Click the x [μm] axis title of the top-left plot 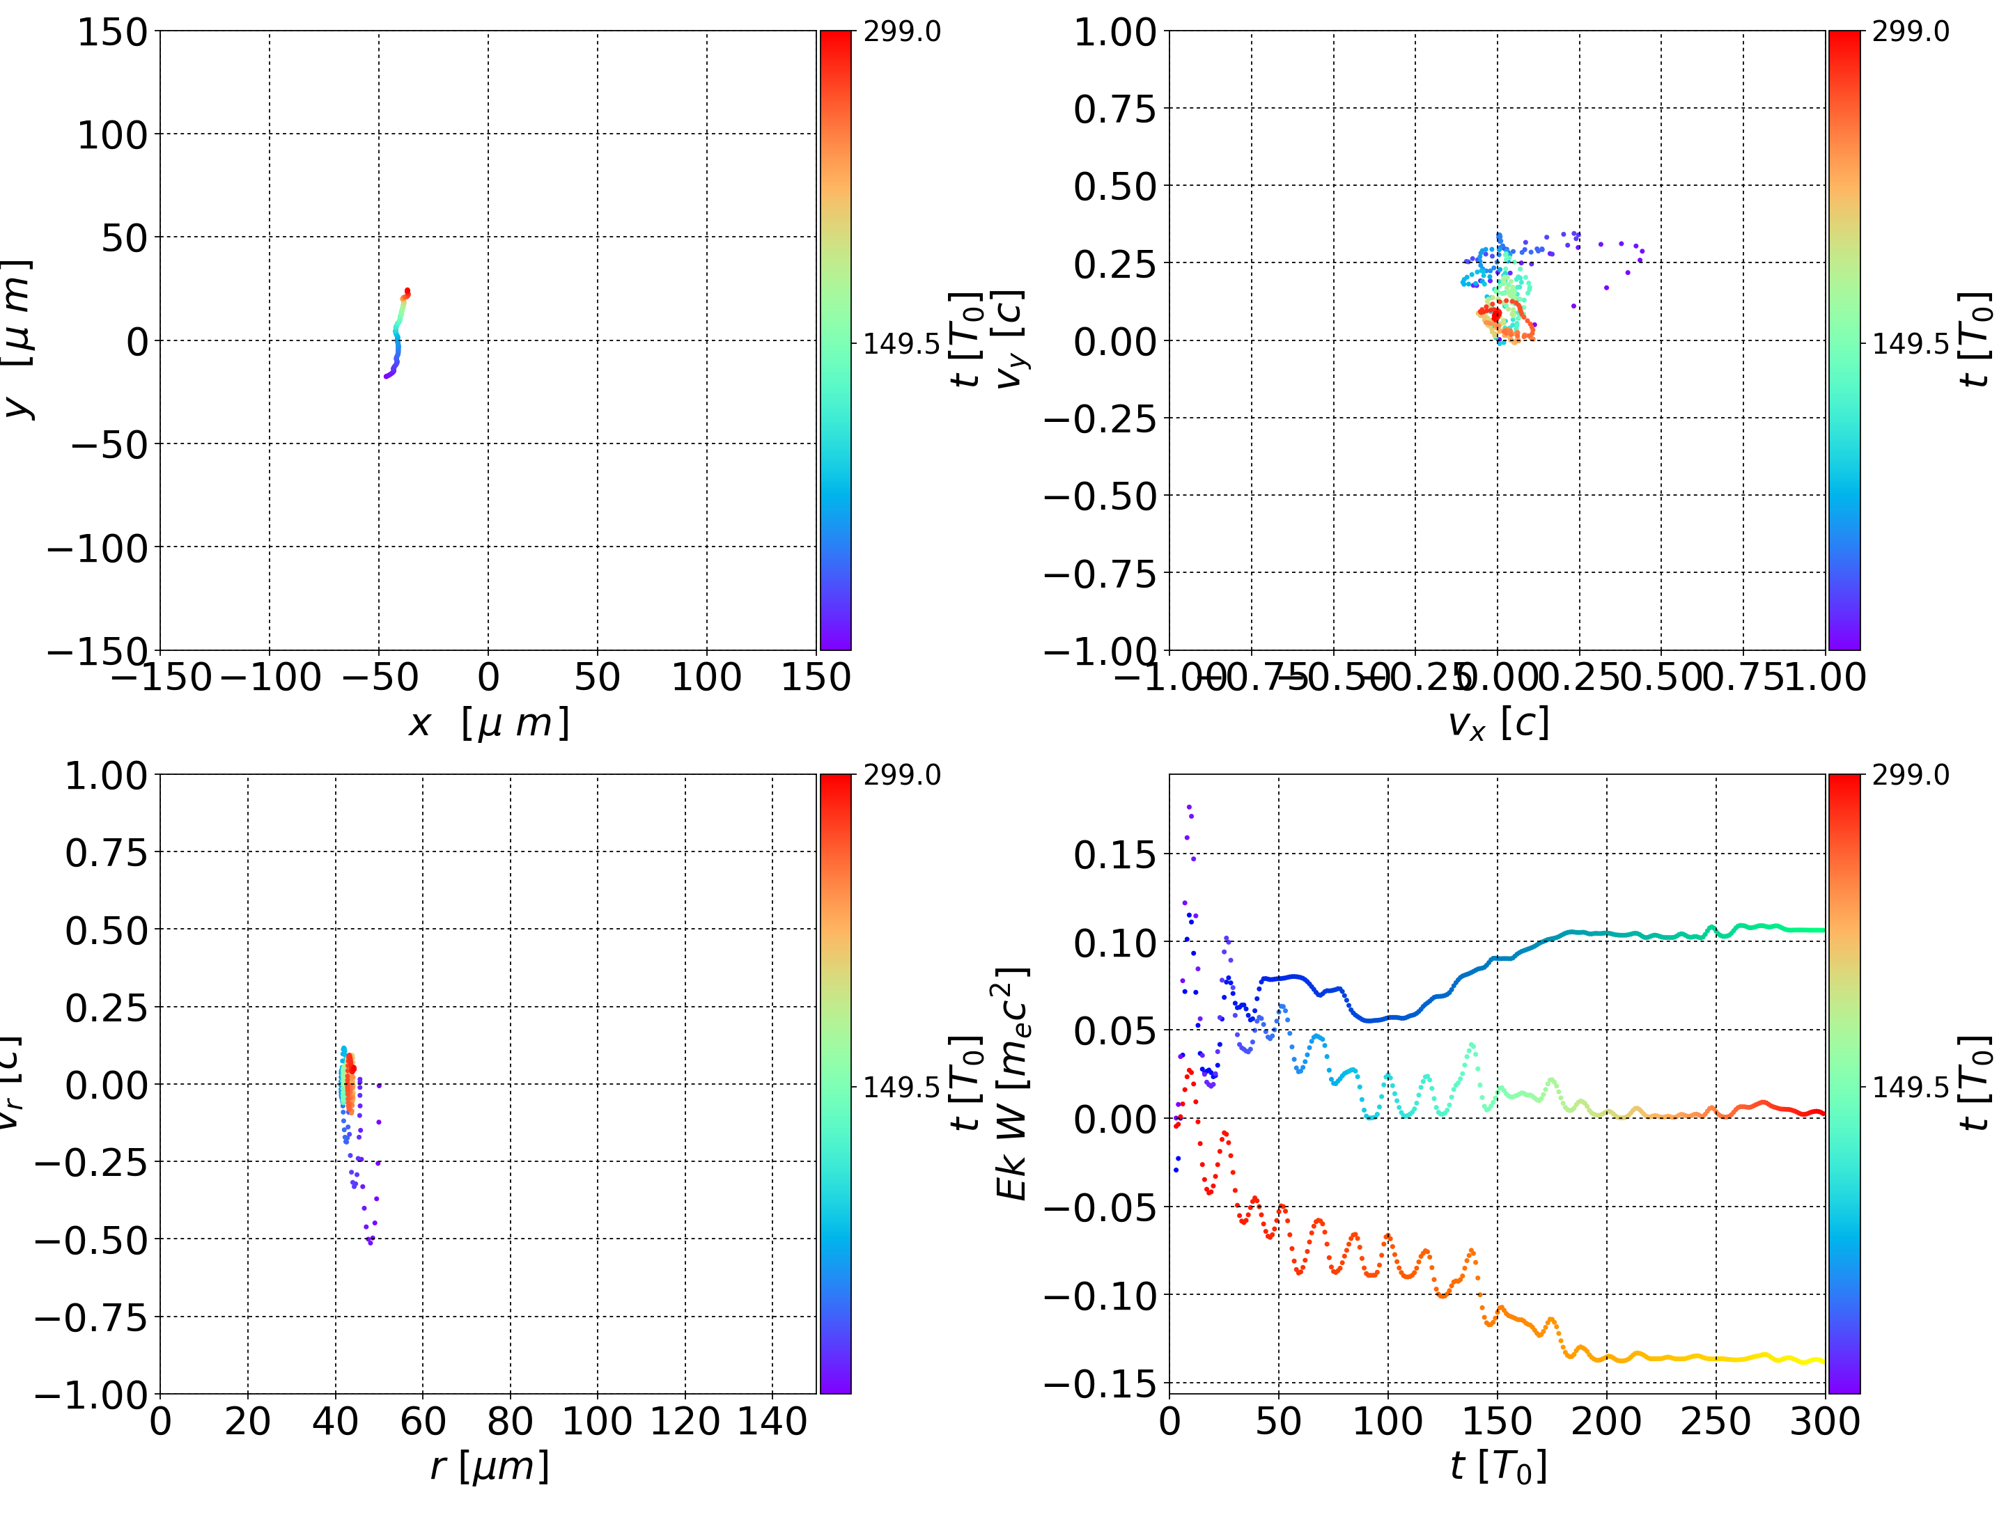pos(488,723)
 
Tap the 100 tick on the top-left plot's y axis pos(111,135)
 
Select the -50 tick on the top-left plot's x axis pos(379,677)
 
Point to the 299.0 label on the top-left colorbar pos(901,32)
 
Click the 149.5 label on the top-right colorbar pos(1910,344)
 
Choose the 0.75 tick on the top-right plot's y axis pos(1114,109)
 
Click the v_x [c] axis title pos(1498,723)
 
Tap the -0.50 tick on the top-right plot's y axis pos(1100,496)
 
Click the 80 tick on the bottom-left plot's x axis pos(510,1421)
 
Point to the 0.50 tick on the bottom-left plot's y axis pos(105,930)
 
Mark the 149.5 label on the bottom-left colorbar pos(901,1086)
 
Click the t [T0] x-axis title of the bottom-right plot pos(1498,1466)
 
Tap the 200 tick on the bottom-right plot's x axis pos(1606,1421)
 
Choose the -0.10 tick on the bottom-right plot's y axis pos(1100,1296)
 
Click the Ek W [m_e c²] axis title pos(1012,1083)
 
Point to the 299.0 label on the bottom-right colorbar pos(1910,775)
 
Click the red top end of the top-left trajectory pos(407,291)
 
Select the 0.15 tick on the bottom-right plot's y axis pos(1114,854)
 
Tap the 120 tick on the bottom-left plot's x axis pos(685,1421)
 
